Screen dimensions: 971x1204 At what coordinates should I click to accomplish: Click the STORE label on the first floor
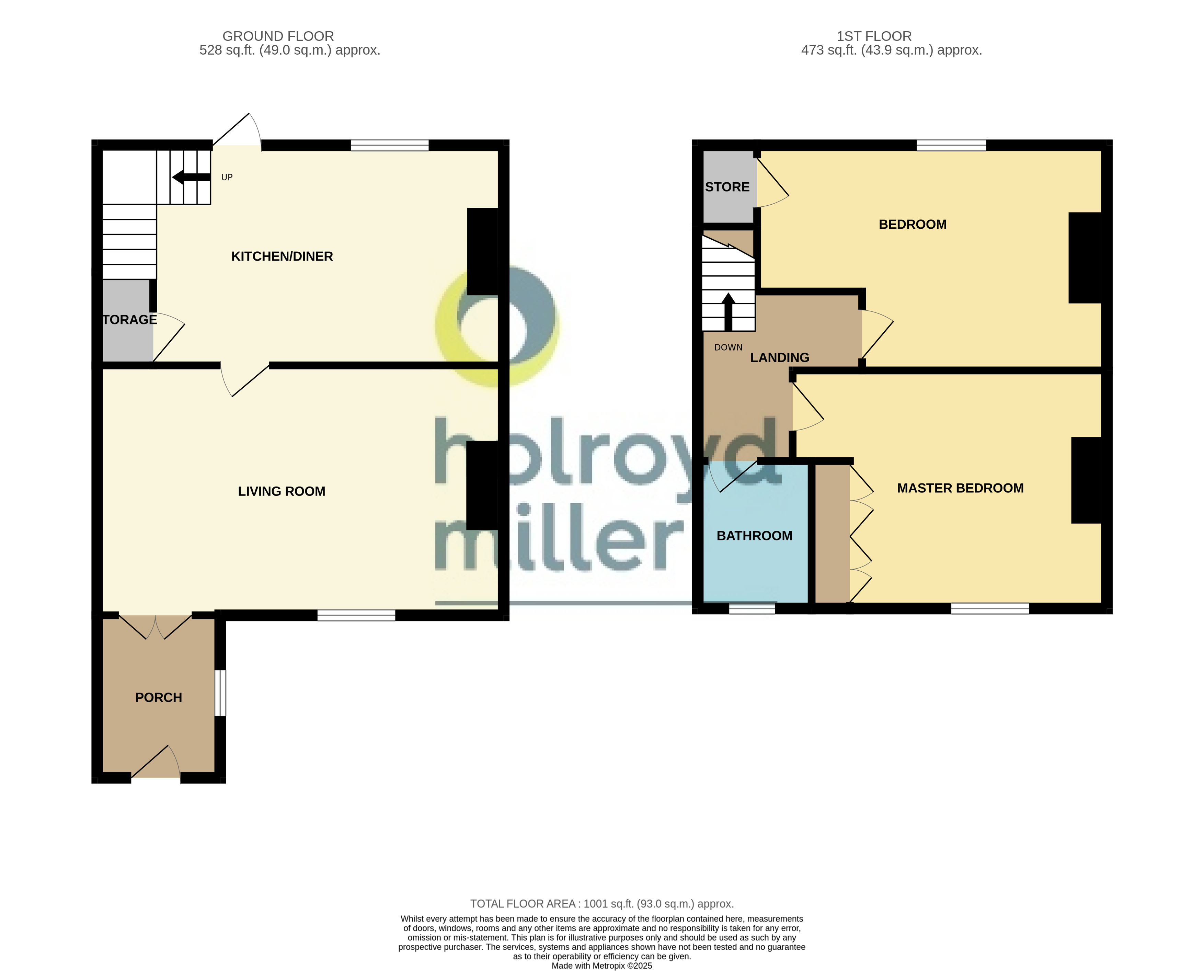point(727,187)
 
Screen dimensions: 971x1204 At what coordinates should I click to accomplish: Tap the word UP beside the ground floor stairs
point(227,177)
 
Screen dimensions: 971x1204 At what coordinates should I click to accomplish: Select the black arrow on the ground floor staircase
point(191,177)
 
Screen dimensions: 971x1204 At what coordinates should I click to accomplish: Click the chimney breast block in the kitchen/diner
point(482,251)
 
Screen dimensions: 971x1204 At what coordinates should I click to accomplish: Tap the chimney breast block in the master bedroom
point(1086,480)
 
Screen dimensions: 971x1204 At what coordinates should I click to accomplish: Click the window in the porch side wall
point(220,693)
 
